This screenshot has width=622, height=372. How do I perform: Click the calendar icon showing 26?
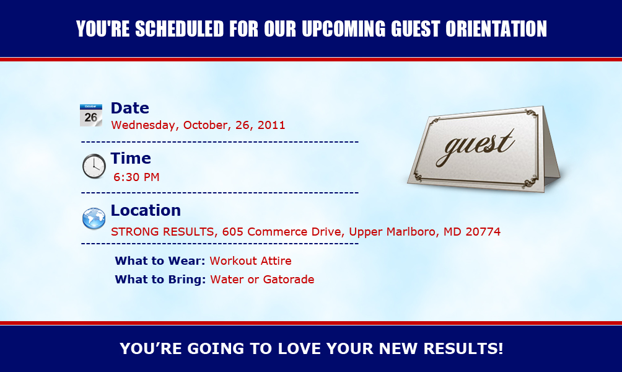(91, 115)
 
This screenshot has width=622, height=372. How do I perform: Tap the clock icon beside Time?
(94, 166)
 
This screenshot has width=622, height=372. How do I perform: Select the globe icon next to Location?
(94, 218)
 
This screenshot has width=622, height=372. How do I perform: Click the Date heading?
(129, 108)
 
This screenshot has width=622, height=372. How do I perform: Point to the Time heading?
(131, 158)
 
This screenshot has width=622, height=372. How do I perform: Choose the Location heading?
(146, 210)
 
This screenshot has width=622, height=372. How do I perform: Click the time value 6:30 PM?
(136, 177)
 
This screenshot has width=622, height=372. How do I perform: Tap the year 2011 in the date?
(271, 125)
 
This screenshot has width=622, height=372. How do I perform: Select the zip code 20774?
(483, 231)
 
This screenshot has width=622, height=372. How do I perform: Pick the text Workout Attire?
(251, 261)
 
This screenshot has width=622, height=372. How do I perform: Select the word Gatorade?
(289, 280)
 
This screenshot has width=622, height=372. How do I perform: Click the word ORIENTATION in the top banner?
(496, 29)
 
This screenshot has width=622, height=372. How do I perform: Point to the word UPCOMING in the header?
(344, 29)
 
